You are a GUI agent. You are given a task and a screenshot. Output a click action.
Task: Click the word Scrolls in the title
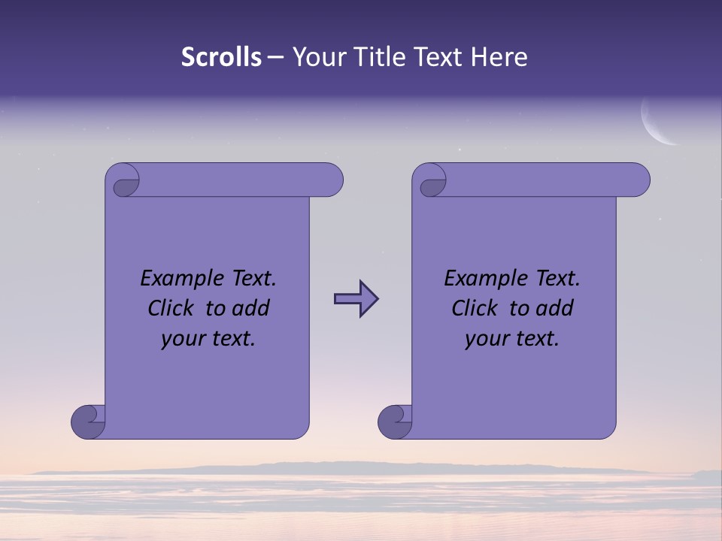pos(221,57)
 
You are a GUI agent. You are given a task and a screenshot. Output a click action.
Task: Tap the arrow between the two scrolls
pos(356,299)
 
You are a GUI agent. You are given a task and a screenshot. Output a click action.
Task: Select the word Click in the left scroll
pos(171,308)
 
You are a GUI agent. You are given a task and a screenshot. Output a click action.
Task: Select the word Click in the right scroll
pos(475,308)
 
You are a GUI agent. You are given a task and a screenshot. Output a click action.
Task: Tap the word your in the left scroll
pos(181,339)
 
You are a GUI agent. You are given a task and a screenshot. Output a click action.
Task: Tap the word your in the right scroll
pos(485,339)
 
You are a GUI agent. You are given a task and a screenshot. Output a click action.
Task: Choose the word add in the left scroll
pos(252,308)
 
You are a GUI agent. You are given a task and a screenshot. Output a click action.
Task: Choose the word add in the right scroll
pos(556,308)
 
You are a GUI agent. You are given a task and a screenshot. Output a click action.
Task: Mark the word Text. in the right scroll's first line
pos(557,279)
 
